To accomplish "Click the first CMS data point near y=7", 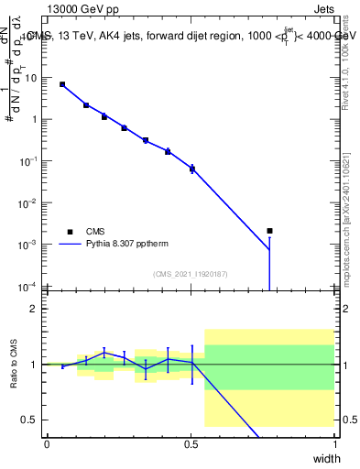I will (x=62, y=84).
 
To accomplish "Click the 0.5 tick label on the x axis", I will (x=191, y=443).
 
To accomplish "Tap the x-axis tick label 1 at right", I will (x=334, y=443).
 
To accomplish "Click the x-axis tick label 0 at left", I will (x=47, y=443).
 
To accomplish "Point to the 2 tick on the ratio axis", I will (x=34, y=309).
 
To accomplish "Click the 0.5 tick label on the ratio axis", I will (x=31, y=420).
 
